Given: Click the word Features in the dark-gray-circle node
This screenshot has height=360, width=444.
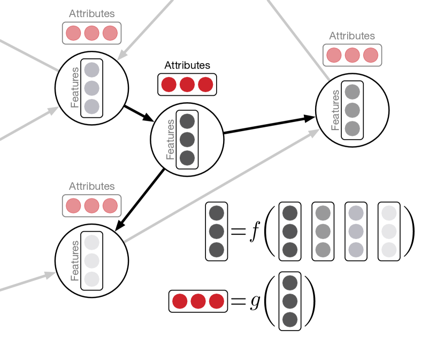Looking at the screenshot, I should click(171, 140).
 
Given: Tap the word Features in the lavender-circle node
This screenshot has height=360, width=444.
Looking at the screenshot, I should click(75, 88).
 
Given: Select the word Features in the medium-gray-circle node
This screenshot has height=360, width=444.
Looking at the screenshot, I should click(335, 110).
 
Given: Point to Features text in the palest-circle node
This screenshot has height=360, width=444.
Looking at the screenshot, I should click(75, 261).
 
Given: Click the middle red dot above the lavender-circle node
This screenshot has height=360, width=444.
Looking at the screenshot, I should click(91, 33).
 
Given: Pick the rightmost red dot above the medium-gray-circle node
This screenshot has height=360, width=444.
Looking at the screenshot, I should click(371, 55).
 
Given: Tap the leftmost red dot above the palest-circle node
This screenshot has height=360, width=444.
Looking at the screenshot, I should click(73, 206).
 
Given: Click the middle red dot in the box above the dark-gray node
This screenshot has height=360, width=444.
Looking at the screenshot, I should click(187, 85).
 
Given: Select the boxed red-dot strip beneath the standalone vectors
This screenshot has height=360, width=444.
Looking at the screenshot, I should click(198, 301).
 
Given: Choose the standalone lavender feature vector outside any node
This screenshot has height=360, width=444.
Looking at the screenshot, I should click(356, 232).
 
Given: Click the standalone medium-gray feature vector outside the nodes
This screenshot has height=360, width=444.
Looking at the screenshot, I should click(323, 232).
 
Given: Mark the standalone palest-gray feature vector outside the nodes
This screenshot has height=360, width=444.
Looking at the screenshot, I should click(389, 232).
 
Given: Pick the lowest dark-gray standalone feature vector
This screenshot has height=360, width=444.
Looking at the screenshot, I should click(290, 301).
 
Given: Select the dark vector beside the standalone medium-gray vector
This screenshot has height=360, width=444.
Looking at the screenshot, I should click(290, 232).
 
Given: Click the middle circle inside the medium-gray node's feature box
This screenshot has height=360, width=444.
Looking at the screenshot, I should click(352, 110).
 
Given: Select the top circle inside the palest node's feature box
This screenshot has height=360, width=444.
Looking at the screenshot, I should click(92, 242).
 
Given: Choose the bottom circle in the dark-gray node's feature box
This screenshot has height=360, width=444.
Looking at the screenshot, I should click(187, 158).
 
